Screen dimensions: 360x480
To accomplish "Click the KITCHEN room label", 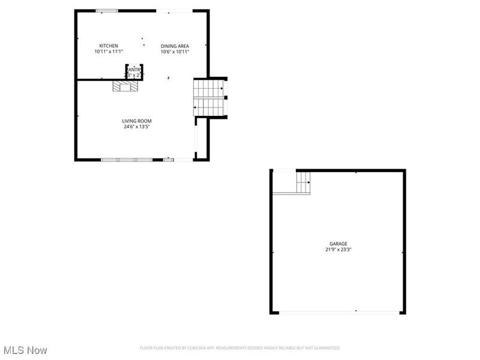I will click(109, 46).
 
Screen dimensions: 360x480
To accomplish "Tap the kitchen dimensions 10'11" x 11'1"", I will click(109, 52).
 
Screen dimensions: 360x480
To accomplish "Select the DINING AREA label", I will click(175, 46).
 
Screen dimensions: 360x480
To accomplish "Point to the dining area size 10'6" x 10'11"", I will click(175, 52).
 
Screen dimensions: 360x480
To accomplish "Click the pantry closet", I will click(134, 71).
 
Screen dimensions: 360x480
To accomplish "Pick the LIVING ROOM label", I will click(137, 121).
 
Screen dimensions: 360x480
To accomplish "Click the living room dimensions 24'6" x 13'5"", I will click(137, 127).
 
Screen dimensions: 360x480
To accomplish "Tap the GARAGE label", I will click(338, 244).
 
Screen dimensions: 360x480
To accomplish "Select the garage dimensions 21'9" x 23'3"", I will click(338, 250).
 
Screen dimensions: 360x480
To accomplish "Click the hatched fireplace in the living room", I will click(125, 87).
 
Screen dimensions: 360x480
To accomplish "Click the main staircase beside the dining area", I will click(209, 98).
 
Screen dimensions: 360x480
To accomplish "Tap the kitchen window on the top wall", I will click(107, 10).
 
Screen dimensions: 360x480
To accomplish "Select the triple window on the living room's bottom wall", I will click(127, 160).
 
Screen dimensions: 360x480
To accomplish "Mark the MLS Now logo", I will click(25, 350).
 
